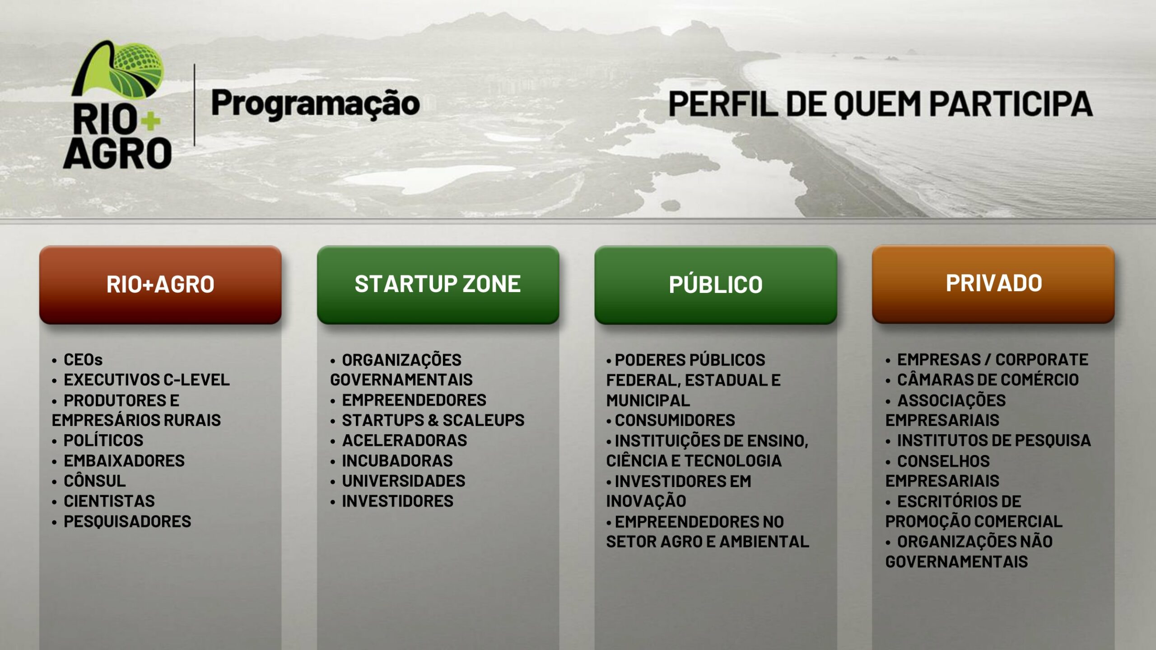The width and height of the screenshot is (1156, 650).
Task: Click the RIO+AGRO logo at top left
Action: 118,105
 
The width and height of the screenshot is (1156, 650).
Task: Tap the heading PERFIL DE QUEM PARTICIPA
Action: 880,104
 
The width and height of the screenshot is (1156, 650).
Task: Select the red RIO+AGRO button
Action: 160,285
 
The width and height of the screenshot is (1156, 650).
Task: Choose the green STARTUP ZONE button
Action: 438,285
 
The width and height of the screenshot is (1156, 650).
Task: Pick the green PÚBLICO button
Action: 716,285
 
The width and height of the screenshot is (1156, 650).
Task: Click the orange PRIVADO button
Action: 993,284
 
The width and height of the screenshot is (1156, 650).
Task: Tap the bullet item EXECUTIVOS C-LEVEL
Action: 141,380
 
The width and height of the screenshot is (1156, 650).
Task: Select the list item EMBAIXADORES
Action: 118,460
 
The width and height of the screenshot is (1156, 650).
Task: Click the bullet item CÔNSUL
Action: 89,481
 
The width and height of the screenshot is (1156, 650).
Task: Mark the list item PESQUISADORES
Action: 121,521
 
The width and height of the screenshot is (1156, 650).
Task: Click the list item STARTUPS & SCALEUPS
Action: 428,420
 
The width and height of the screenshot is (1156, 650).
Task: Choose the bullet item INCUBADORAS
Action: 392,460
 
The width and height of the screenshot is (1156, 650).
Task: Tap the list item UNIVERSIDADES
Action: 398,481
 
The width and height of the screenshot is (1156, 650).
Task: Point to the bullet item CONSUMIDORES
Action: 671,420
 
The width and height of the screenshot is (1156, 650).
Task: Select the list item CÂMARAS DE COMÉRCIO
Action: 982,380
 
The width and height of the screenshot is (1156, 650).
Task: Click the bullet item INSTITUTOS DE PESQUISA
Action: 988,440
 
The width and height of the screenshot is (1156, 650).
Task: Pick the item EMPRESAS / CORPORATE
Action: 987,360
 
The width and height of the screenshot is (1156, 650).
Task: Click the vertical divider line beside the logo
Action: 194,105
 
